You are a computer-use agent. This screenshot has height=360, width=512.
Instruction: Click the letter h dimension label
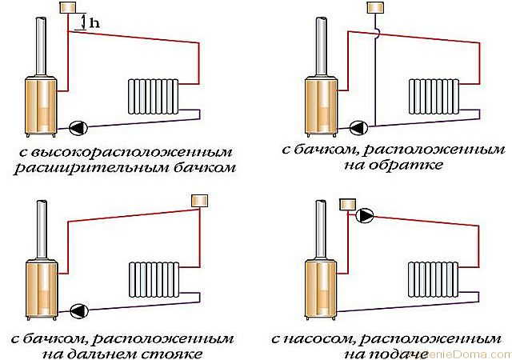(94, 23)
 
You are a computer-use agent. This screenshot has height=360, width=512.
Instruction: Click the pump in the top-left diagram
(79, 126)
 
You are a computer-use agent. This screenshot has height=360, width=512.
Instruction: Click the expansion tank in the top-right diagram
(375, 8)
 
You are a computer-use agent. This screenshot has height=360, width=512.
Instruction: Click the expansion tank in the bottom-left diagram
(198, 199)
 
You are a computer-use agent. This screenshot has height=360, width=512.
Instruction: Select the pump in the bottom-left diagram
(79, 310)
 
